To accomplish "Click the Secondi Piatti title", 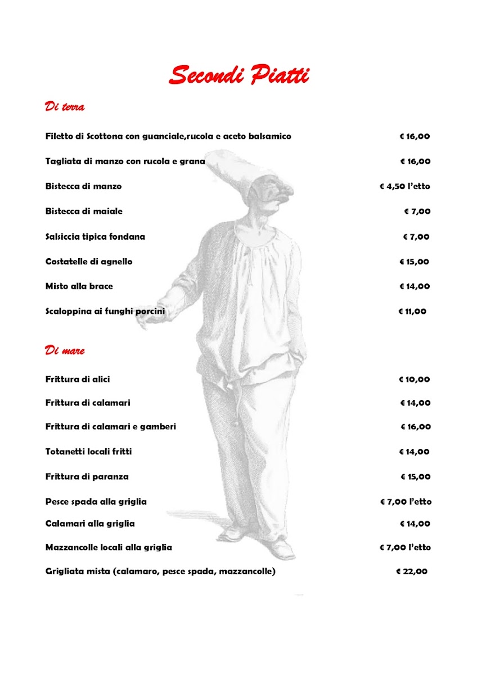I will point(239,75).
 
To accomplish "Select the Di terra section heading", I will point(65,106).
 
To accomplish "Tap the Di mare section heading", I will point(65,350).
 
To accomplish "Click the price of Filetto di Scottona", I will point(415,136).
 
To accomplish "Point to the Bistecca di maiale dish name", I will point(84,211).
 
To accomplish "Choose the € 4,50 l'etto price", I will point(405,186).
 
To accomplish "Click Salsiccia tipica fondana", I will point(95,237).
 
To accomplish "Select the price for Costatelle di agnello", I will point(415,262).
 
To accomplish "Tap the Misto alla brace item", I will point(79,286).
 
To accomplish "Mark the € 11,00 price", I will point(412,311).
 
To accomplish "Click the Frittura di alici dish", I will point(78,379).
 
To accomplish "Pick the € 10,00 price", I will point(415,379).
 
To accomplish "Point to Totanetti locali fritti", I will point(88,452).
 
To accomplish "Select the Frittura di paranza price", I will point(416,476).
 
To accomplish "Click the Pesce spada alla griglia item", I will point(96,501).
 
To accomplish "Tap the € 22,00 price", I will point(412,571).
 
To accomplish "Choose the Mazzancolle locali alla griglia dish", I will point(109,547).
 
